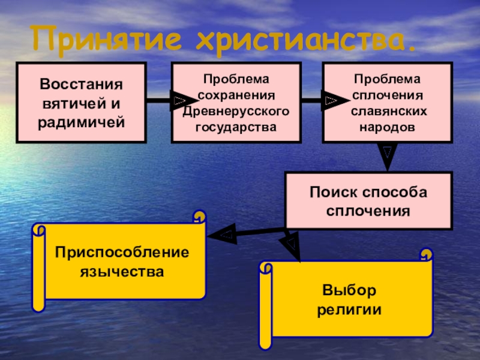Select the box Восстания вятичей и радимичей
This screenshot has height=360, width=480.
point(81,102)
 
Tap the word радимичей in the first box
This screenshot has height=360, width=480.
point(81,123)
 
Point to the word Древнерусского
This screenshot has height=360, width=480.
point(236,112)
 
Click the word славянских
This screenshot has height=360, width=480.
point(387,112)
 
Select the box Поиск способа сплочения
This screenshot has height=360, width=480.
point(368,201)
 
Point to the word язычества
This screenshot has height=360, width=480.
point(122,272)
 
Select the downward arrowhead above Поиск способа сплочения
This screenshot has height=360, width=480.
point(388,155)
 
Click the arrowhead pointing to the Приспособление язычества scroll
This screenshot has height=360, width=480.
point(223,235)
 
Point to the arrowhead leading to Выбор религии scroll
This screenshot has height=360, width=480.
point(291,245)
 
